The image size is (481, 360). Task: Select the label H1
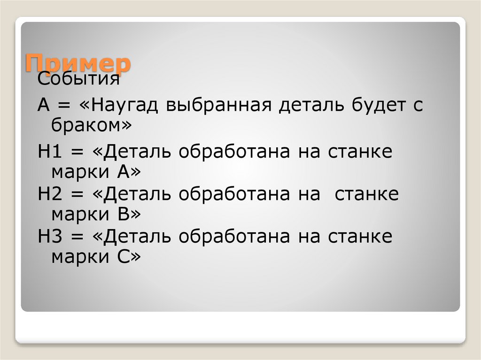coord(48,153)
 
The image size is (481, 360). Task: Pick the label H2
coord(48,194)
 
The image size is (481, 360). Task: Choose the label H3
coord(48,236)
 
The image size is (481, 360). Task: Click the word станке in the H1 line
coord(359,153)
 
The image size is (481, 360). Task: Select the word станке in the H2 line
coord(366,194)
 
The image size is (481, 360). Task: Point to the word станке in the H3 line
coord(359,236)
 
